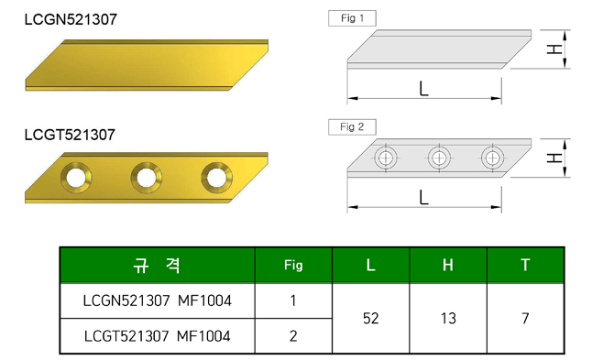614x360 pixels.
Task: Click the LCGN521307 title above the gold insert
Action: point(71,19)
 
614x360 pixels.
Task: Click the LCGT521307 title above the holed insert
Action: point(70,135)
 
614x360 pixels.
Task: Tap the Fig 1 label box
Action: point(352,18)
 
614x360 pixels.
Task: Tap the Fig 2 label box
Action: point(352,126)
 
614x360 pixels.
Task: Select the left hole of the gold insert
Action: point(76,178)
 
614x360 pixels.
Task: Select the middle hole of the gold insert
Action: point(147,178)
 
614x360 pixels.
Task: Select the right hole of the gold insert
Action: point(216,178)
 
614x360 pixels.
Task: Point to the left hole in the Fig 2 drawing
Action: point(386,158)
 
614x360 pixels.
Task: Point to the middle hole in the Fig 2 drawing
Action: point(439,158)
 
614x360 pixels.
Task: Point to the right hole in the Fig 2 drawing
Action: point(492,158)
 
